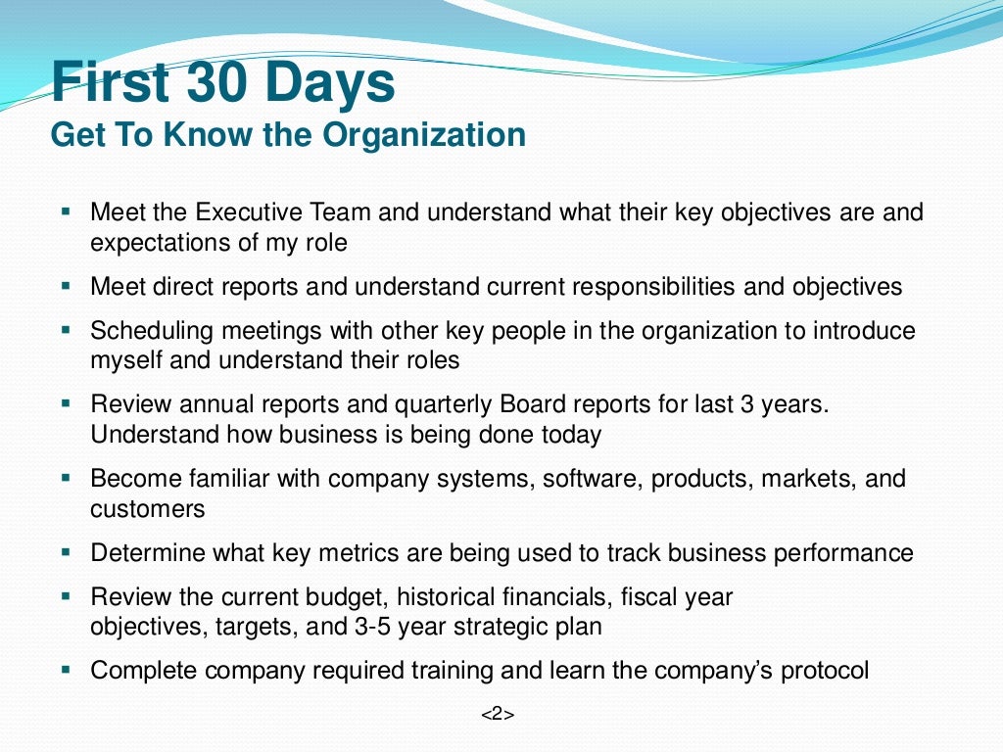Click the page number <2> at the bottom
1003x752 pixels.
point(497,715)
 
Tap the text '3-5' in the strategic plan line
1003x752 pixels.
point(368,627)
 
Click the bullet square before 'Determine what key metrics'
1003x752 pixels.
point(66,551)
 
